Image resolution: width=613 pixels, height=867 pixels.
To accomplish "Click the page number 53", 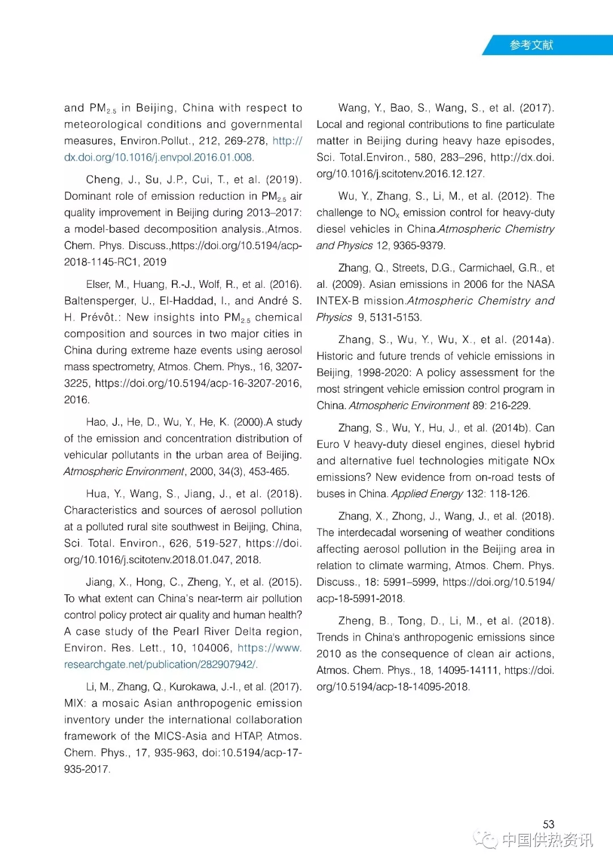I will click(x=548, y=824).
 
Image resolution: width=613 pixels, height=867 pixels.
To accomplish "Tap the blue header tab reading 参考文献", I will click(x=531, y=45).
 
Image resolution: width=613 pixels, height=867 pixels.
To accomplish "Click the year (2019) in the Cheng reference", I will click(x=283, y=179).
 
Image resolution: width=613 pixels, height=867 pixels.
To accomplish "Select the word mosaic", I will click(x=119, y=703).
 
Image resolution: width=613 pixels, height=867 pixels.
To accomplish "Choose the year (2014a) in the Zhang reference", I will click(x=533, y=340).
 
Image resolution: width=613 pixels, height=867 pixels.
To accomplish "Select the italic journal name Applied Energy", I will click(x=427, y=493).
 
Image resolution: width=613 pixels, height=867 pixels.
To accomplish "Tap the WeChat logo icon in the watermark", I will click(x=486, y=839).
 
